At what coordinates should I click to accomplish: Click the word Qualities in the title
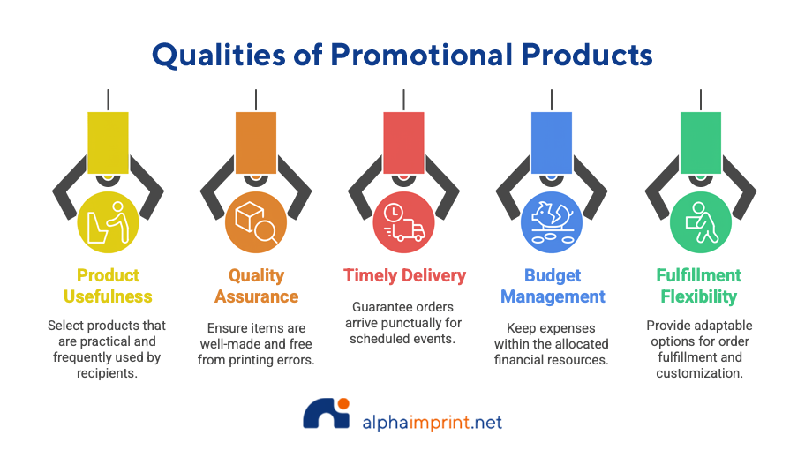tap(218, 55)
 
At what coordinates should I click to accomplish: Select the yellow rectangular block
tap(108, 143)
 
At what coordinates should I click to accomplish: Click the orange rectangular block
tap(256, 143)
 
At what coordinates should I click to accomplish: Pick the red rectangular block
tap(403, 143)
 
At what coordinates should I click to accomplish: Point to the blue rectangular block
tap(552, 143)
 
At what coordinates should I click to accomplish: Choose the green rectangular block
tap(701, 143)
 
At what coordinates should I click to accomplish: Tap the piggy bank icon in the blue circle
tap(552, 215)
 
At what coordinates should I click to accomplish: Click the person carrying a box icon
tap(702, 222)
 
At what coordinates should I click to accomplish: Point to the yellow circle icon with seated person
tap(108, 222)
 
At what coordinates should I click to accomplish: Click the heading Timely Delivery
tap(404, 275)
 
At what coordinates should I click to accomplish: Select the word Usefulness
tap(108, 296)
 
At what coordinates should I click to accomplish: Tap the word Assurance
tap(256, 296)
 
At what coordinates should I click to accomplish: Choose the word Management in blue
tap(553, 296)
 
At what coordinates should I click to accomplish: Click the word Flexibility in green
tap(699, 296)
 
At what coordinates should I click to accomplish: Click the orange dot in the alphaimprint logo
tap(343, 403)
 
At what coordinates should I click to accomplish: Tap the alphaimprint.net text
tap(433, 423)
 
